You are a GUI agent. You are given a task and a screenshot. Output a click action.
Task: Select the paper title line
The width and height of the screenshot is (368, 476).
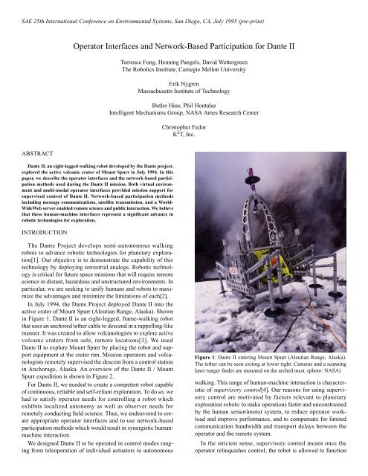coord(184,47)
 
